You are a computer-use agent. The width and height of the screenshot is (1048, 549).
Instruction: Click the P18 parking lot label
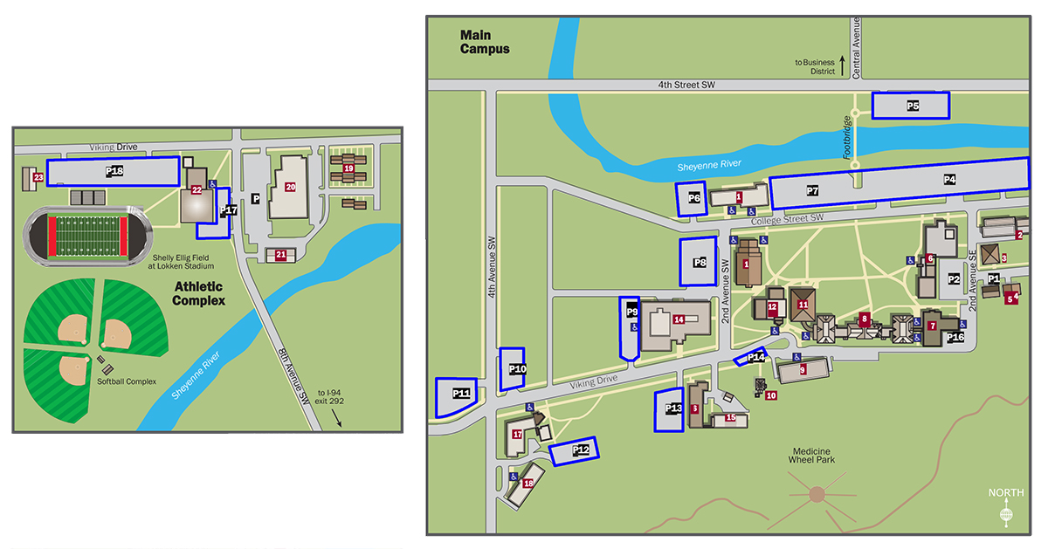pos(114,172)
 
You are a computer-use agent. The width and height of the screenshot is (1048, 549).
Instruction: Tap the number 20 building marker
pos(290,186)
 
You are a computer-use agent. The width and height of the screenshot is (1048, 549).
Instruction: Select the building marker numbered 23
pos(38,177)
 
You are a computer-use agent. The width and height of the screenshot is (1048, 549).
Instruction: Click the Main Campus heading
pos(485,43)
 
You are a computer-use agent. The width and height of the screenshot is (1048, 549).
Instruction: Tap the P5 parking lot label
pos(912,106)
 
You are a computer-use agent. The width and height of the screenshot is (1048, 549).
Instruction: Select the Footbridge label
pos(846,137)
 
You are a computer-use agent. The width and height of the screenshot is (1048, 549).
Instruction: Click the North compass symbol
pos(1006,516)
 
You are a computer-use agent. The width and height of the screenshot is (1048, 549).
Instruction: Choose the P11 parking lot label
pos(461,395)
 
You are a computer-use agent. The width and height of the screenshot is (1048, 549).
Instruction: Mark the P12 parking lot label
pos(581,450)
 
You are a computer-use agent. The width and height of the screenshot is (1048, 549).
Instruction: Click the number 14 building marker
pos(678,319)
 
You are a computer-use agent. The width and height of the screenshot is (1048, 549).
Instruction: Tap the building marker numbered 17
pos(517,434)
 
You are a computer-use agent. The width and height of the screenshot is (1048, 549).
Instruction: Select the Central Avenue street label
pos(856,47)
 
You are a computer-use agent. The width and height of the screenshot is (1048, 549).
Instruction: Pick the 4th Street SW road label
pos(687,85)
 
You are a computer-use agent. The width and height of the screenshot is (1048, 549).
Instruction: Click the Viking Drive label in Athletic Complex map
pos(114,148)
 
